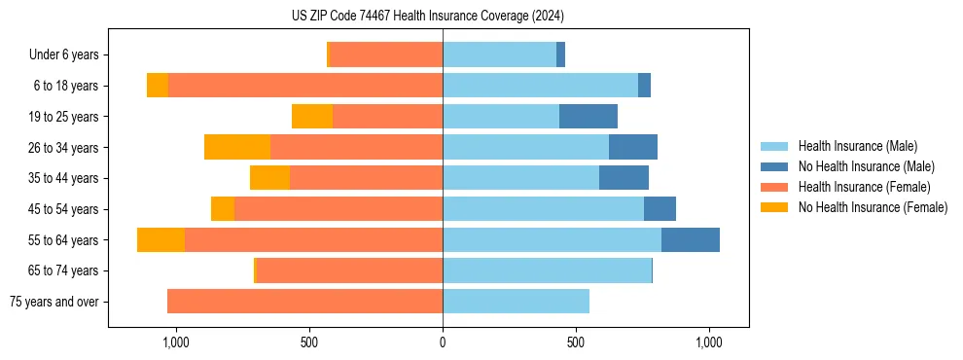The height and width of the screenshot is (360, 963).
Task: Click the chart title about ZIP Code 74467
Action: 427,16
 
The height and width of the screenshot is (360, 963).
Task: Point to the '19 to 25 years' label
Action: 65,117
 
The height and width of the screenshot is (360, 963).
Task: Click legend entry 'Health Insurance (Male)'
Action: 857,146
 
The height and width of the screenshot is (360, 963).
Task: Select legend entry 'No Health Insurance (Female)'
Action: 873,207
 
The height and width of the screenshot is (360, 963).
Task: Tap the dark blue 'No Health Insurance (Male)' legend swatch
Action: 774,166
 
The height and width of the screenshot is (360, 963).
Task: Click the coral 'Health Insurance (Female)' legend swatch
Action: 774,187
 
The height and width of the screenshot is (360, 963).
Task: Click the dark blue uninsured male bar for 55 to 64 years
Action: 691,240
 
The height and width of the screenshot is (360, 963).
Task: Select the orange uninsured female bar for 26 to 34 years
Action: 237,148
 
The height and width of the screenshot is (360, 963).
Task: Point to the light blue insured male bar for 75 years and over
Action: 516,302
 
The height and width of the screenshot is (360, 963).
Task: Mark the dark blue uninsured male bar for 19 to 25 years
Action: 588,117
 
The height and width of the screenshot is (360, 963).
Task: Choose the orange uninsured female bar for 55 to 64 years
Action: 160,240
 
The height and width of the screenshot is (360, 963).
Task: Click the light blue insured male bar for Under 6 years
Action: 499,55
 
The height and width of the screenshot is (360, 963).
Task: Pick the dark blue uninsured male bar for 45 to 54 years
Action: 660,209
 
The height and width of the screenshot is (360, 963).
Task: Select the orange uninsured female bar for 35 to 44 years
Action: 269,178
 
